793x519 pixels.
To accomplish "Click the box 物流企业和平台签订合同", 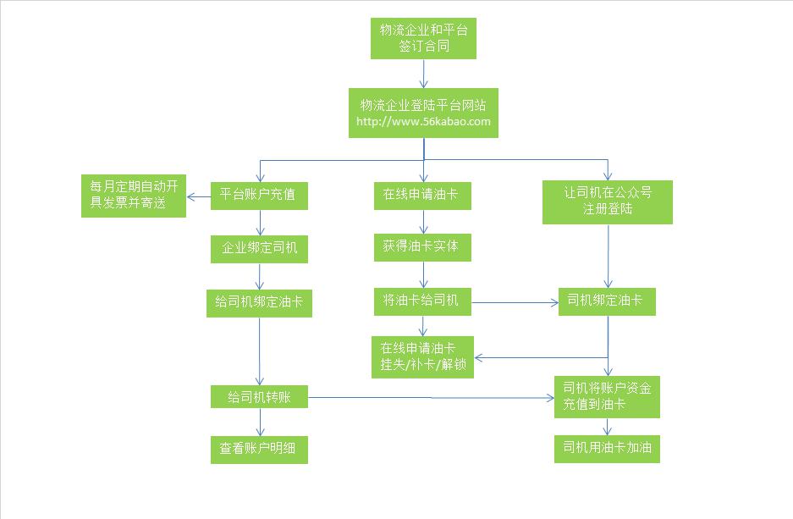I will tap(423, 38).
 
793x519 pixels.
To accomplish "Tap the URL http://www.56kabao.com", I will tap(423, 122).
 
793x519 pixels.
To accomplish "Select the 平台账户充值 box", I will tap(258, 195).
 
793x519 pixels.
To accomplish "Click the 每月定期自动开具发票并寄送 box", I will tap(133, 195).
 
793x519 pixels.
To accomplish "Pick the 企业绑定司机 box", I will tap(259, 249).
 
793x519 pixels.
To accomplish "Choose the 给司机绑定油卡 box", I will tap(259, 303).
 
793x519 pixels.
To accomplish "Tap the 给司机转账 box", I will tap(259, 396).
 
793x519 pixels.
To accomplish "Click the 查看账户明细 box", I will tap(259, 450).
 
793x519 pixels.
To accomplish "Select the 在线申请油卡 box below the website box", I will tap(421, 195).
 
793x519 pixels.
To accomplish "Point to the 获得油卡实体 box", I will tap(421, 248).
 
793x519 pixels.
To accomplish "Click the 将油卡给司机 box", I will tap(421, 301).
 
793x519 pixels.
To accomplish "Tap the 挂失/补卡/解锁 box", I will tap(421, 357).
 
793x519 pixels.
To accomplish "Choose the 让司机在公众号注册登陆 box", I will tap(607, 201).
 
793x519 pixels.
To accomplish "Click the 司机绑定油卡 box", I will tap(607, 301).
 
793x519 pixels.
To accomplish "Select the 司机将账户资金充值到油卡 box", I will tap(607, 396).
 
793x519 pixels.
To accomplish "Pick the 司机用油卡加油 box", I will tap(607, 449).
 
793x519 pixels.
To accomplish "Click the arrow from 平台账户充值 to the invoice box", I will tap(199, 197).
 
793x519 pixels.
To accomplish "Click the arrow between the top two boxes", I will tap(423, 74).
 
